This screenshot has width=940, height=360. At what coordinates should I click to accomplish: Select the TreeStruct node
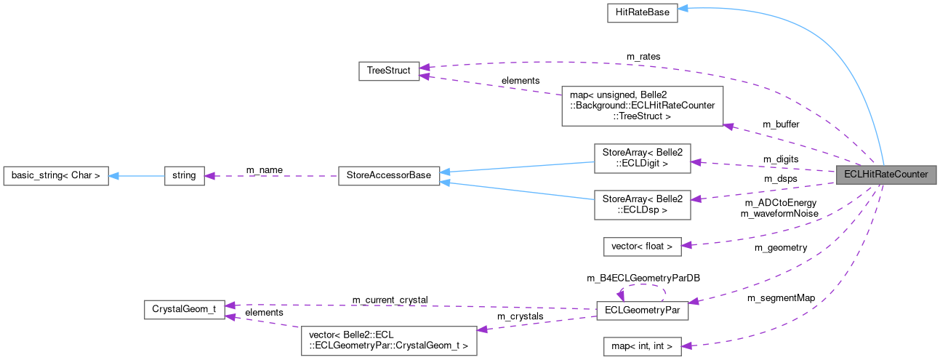click(389, 71)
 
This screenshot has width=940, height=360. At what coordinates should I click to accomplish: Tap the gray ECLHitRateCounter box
click(885, 175)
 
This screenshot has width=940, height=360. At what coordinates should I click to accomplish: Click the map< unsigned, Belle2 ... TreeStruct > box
click(642, 105)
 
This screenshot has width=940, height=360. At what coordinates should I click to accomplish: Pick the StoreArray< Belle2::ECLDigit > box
click(642, 158)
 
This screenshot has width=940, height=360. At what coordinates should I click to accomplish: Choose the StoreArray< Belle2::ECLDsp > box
click(642, 205)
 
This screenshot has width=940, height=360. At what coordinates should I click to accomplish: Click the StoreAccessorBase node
click(389, 175)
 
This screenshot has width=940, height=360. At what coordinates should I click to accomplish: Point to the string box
click(184, 175)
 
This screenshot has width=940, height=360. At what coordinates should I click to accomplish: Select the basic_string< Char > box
click(56, 175)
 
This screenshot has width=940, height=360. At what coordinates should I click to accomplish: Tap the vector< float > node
click(642, 247)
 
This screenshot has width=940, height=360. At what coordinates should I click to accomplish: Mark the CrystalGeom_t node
click(184, 309)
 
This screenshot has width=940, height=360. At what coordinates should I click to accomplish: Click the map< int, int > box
click(642, 347)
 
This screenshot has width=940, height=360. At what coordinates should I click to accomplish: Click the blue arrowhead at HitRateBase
click(683, 9)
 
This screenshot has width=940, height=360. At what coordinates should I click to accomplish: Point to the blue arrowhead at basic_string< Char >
click(114, 175)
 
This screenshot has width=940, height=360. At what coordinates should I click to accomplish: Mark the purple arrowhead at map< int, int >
click(686, 346)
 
